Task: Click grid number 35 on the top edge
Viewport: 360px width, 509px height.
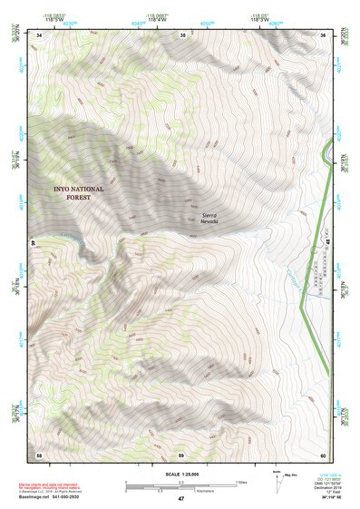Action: click(182, 34)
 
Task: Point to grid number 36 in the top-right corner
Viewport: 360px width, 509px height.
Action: click(322, 34)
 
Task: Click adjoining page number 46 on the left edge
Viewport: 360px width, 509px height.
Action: click(35, 243)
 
